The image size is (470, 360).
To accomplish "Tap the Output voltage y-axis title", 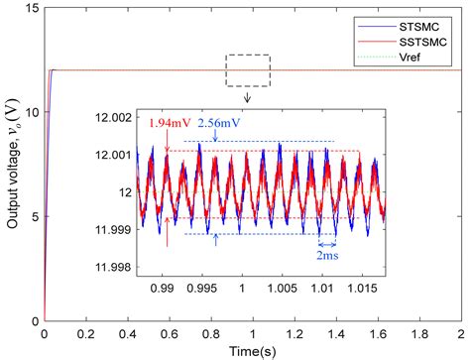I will [x=12, y=165].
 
